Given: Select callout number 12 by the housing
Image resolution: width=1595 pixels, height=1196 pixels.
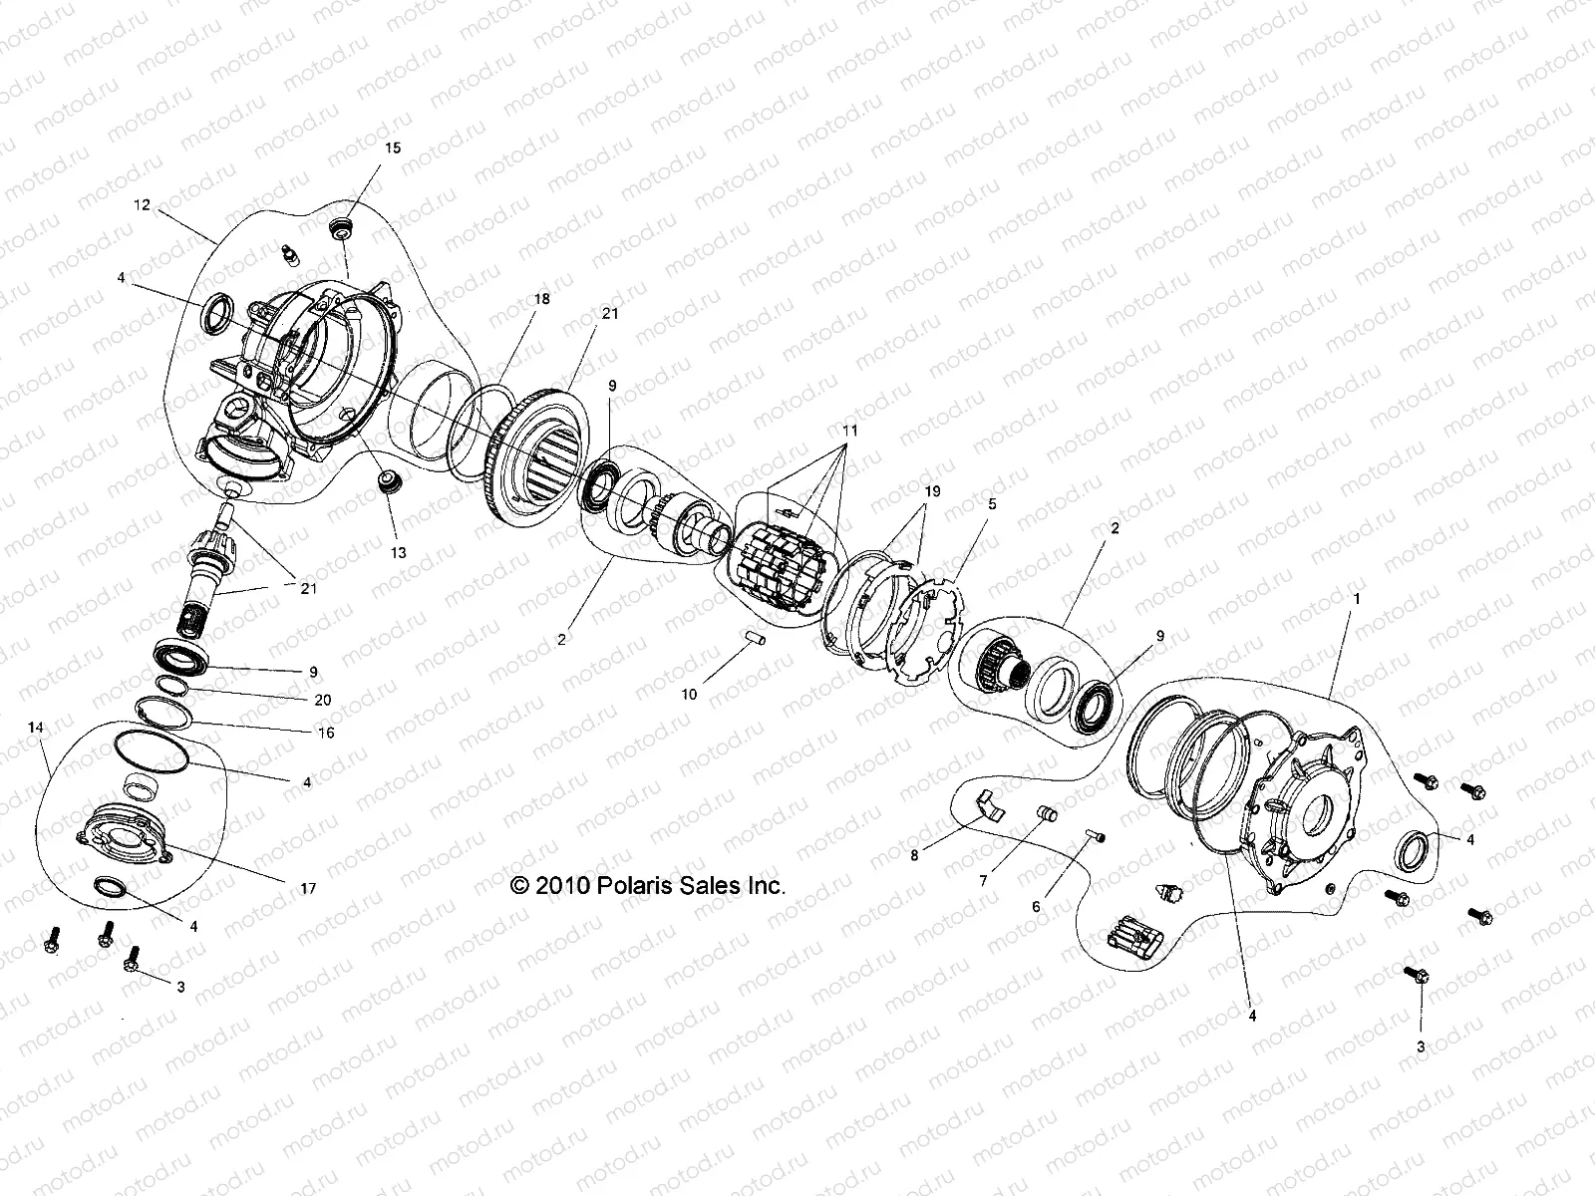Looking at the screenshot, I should click(x=141, y=204).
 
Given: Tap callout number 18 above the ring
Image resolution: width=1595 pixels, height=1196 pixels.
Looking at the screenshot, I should click(x=541, y=299).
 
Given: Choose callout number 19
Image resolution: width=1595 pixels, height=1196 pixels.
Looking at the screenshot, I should click(x=931, y=492).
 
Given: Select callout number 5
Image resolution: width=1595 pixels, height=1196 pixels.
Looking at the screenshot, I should click(x=991, y=504).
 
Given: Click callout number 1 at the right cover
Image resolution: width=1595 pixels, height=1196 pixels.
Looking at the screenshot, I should click(x=1356, y=600).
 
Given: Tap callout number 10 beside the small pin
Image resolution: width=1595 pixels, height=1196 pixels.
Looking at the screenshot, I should click(x=689, y=695).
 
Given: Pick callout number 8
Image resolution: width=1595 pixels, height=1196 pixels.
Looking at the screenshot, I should click(x=914, y=854).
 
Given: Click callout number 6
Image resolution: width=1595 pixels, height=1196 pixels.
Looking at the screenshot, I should click(x=1036, y=907).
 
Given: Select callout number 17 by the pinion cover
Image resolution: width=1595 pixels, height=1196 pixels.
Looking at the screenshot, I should click(x=308, y=888).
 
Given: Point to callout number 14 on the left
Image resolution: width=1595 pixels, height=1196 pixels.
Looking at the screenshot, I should click(x=36, y=729).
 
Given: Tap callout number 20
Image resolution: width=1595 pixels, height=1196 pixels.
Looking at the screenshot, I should click(x=322, y=701).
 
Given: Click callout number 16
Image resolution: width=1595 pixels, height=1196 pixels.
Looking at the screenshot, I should click(x=325, y=734).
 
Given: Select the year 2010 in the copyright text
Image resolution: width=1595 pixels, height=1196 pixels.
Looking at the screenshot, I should click(x=561, y=885).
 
